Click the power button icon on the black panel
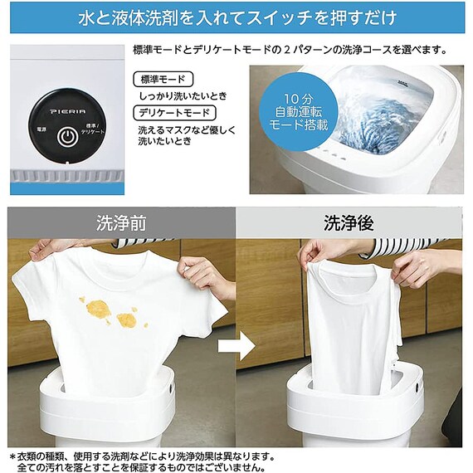coord(68,137)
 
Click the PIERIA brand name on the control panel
coord(68,112)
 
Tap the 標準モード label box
coord(163,80)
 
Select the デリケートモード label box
coord(174,113)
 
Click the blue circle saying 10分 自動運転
coord(298,111)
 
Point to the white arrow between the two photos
coord(236,346)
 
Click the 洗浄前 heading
coord(121,223)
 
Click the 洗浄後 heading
coord(349,223)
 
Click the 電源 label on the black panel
coord(41,129)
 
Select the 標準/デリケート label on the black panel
coord(93,129)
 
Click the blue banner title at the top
coord(237,17)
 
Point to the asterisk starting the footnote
coord(12,457)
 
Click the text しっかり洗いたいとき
coord(183,96)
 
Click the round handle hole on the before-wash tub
coord(171,388)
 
